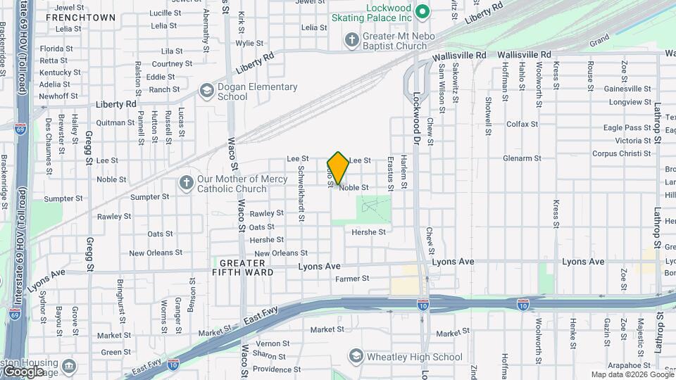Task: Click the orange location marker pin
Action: [338, 167]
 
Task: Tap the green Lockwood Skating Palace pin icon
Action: [423, 11]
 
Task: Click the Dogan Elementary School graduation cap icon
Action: [206, 91]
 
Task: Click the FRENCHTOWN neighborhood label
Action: [81, 16]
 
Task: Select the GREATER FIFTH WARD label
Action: [243, 267]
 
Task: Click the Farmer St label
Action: [352, 279]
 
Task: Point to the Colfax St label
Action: [522, 124]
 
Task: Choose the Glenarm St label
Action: [521, 159]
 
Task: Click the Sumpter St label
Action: [63, 198]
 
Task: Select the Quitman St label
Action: [110, 121]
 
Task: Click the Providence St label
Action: [277, 369]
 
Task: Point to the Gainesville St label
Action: [627, 89]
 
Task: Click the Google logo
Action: [23, 372]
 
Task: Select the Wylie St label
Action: [249, 43]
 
